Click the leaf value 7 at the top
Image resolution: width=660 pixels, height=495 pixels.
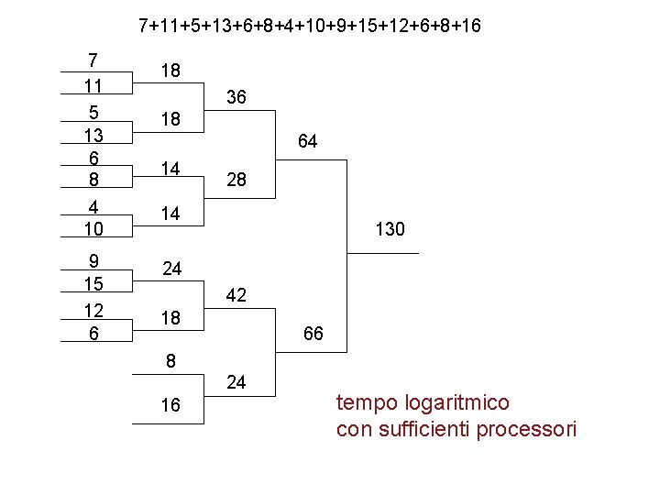tap(93, 60)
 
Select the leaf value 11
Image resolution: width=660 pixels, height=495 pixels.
tap(93, 86)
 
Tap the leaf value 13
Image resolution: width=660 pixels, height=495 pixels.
tap(93, 136)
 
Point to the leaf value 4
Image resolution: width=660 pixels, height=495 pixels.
tap(93, 206)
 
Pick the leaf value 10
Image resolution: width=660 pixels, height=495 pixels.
tap(93, 226)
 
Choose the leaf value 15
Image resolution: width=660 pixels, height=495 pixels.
tap(93, 284)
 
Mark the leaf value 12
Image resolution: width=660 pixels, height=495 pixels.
tap(93, 310)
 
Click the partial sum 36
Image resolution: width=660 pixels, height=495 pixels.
tap(236, 97)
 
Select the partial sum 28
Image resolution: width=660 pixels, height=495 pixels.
tap(236, 181)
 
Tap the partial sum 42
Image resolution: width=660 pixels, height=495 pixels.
tap(236, 296)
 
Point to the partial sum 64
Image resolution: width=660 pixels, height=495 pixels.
tap(307, 142)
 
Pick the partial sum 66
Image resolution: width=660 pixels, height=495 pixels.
tap(313, 335)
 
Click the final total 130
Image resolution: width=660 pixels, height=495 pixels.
tap(390, 229)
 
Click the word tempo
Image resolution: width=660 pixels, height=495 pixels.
tap(364, 403)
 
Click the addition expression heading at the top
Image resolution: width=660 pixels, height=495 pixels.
tap(309, 25)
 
